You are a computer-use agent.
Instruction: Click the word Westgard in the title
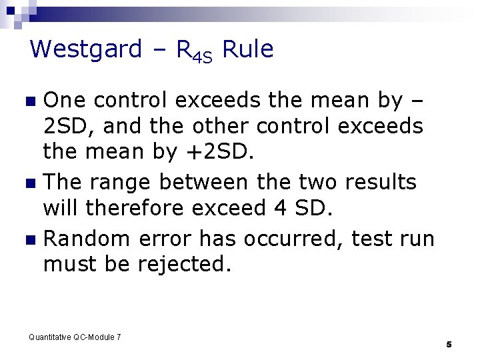coord(86,49)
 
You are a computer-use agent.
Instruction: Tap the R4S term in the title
coord(194,51)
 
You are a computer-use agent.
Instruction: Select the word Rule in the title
coord(247,49)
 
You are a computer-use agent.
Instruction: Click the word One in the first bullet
coord(65,101)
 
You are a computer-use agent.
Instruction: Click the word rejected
coord(184,264)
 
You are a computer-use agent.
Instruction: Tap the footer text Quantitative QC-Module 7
coord(75,337)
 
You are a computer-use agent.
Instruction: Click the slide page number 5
coord(449,344)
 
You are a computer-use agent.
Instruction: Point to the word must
coord(71,264)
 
